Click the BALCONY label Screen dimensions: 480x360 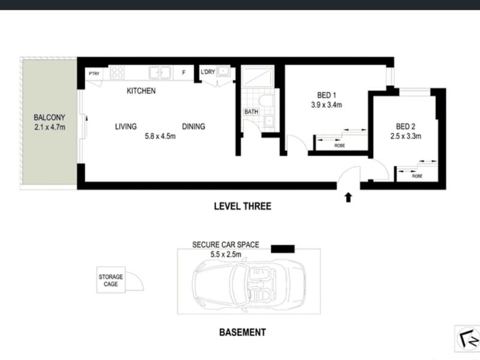[x=49, y=117]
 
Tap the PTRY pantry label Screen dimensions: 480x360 [x=94, y=73]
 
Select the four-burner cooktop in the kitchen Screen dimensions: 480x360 [x=117, y=73]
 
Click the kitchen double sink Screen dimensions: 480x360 [x=160, y=73]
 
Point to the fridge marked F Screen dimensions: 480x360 [x=184, y=73]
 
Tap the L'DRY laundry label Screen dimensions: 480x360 [x=208, y=72]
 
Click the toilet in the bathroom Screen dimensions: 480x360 [x=266, y=100]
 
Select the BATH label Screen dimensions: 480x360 [x=251, y=112]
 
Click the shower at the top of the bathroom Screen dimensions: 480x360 [x=257, y=76]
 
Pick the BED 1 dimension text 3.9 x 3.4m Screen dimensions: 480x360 [x=326, y=104]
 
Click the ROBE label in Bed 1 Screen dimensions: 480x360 [x=340, y=146]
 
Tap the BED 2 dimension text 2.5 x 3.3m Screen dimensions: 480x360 [x=406, y=136]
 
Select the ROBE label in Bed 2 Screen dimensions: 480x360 [x=417, y=176]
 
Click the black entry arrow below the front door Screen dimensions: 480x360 [x=348, y=197]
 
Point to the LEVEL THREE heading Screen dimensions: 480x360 [x=242, y=206]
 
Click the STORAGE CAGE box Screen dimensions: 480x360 [x=111, y=280]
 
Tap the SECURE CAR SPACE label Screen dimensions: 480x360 [x=226, y=245]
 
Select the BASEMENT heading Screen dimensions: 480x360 [x=242, y=332]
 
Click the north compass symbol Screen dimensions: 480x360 [x=468, y=339]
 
